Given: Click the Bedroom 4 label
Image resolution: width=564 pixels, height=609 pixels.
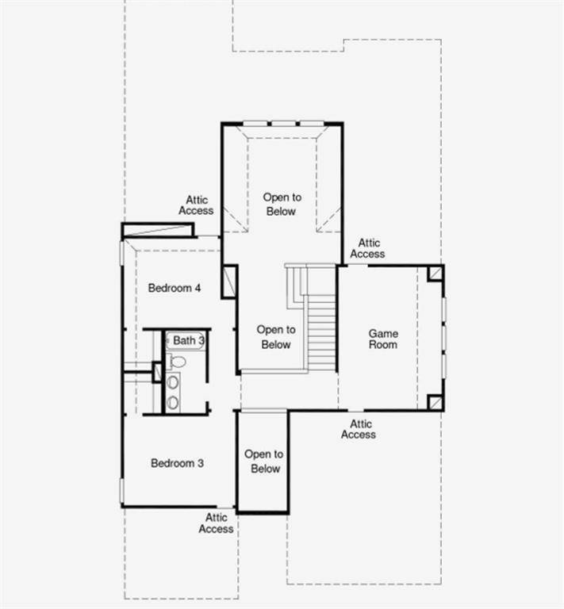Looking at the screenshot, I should pyautogui.click(x=175, y=288).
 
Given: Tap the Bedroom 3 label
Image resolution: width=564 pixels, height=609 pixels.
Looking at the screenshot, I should pyautogui.click(x=178, y=463).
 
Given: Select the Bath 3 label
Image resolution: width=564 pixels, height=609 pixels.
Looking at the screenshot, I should pyautogui.click(x=190, y=340).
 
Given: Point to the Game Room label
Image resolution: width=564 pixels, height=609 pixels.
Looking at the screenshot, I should pyautogui.click(x=382, y=339).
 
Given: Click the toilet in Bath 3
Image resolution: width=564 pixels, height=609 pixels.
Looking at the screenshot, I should pyautogui.click(x=178, y=362).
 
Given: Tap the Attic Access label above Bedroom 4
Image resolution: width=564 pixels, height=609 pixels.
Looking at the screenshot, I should pyautogui.click(x=196, y=205).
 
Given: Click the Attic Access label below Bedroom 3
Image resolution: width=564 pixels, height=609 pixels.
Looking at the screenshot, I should pyautogui.click(x=216, y=523).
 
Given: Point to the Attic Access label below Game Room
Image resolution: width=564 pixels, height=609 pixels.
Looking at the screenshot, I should pyautogui.click(x=359, y=430).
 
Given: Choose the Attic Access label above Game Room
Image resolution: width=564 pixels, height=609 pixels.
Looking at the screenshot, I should pyautogui.click(x=367, y=248).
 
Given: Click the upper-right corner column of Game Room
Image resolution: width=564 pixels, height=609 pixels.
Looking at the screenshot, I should pyautogui.click(x=435, y=274).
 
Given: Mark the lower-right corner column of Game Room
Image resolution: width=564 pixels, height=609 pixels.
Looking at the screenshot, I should pyautogui.click(x=435, y=402).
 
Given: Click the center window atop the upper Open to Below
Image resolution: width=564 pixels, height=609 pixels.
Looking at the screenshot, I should pyautogui.click(x=283, y=123).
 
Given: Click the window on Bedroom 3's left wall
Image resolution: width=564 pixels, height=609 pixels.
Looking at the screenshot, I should pyautogui.click(x=121, y=490).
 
